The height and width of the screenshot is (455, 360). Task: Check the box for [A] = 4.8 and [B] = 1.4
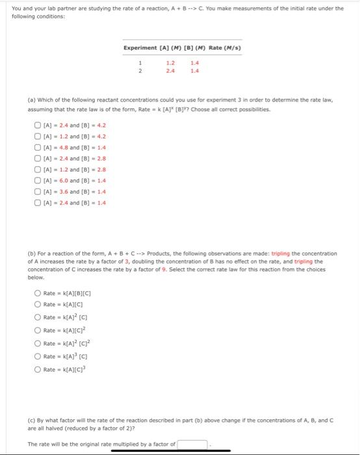(38, 148)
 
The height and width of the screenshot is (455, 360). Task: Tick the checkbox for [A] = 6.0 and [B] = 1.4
(38, 181)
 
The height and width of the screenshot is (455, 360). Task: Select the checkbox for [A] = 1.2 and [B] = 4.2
(38, 136)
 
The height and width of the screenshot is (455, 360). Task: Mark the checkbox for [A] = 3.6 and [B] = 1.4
(38, 192)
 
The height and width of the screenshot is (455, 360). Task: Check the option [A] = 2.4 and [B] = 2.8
(38, 159)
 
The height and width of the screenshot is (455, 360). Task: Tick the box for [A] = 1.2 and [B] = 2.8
(38, 170)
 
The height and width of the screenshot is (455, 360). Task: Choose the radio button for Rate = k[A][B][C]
(38, 293)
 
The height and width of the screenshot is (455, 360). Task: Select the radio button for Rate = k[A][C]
(38, 304)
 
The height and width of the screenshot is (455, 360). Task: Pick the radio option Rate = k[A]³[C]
(38, 356)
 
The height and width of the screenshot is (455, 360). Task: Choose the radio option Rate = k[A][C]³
(38, 369)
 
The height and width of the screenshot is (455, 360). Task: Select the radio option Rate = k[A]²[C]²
(38, 343)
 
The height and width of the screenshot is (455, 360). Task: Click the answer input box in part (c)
(192, 445)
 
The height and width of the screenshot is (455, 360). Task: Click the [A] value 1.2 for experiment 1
(170, 63)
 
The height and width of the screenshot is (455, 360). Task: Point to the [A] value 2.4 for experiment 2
(170, 70)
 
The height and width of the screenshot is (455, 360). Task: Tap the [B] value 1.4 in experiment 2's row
(194, 70)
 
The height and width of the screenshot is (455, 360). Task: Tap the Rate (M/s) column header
(225, 47)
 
